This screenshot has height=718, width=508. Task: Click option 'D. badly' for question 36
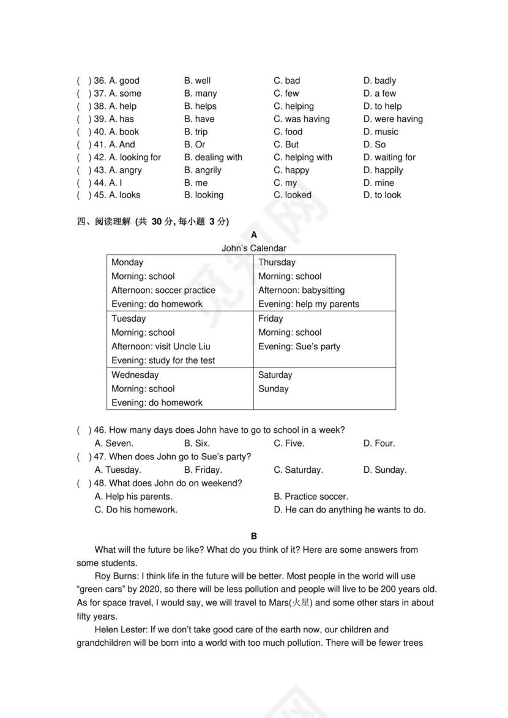379,81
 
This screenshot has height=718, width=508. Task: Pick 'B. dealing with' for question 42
213,157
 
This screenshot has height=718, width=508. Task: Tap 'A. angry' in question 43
125,170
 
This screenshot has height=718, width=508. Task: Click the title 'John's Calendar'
253,248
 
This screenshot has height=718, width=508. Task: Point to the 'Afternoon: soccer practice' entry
163,291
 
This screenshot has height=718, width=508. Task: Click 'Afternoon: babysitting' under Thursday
301,291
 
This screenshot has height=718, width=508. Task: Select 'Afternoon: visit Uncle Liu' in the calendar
160,347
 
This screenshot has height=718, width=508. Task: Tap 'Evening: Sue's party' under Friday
299,347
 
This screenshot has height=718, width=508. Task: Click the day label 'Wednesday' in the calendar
135,375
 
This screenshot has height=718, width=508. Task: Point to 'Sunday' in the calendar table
273,389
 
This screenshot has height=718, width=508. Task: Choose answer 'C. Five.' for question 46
289,443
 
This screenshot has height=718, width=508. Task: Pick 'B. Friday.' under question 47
203,470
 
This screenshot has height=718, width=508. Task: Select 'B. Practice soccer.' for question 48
310,497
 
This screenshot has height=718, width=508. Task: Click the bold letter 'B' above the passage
254,536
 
